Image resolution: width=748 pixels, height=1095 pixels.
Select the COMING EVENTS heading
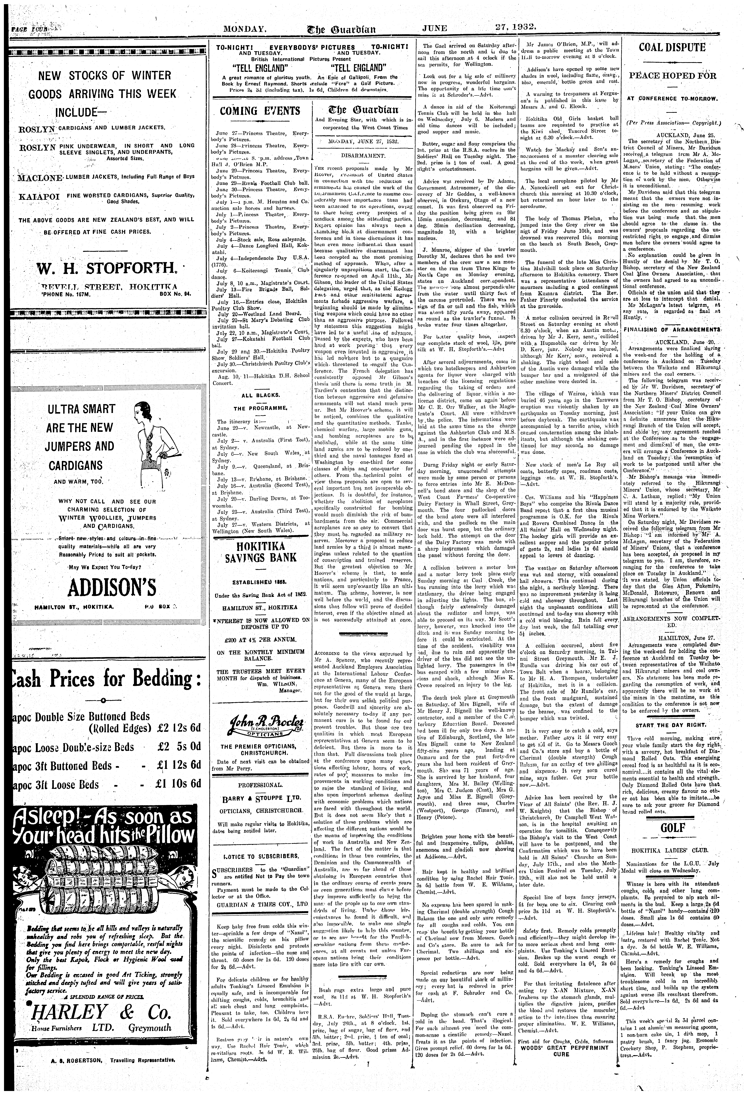(260, 111)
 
